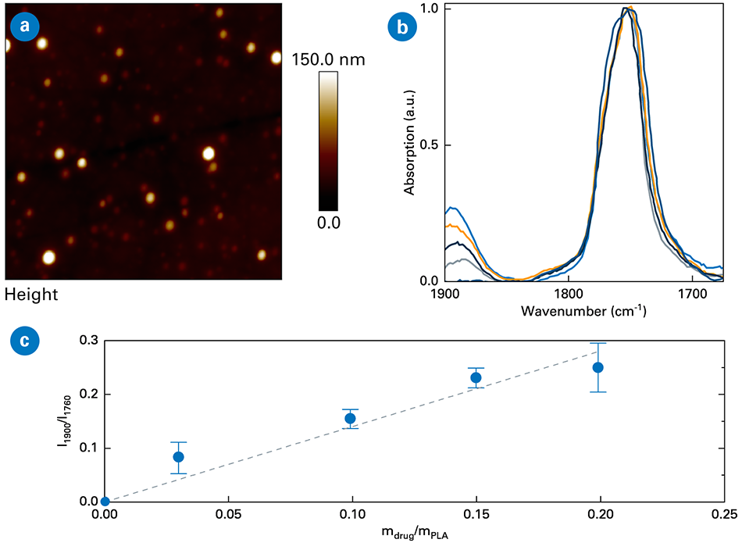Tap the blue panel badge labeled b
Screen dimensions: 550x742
click(x=401, y=27)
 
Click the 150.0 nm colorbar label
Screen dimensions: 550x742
click(x=329, y=59)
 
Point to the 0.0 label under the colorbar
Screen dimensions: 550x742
click(x=328, y=223)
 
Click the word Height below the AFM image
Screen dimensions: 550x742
click(x=31, y=295)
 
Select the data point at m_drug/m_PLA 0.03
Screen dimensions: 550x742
click(x=178, y=457)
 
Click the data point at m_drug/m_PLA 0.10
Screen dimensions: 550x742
click(x=351, y=419)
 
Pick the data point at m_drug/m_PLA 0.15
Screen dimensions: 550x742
click(x=476, y=377)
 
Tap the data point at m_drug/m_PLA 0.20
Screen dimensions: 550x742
click(x=598, y=367)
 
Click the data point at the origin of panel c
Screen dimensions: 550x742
click(x=105, y=502)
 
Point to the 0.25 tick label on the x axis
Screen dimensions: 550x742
click(x=723, y=516)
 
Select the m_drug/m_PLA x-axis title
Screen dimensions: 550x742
click(x=414, y=536)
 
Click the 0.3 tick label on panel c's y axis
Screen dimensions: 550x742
click(x=87, y=341)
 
